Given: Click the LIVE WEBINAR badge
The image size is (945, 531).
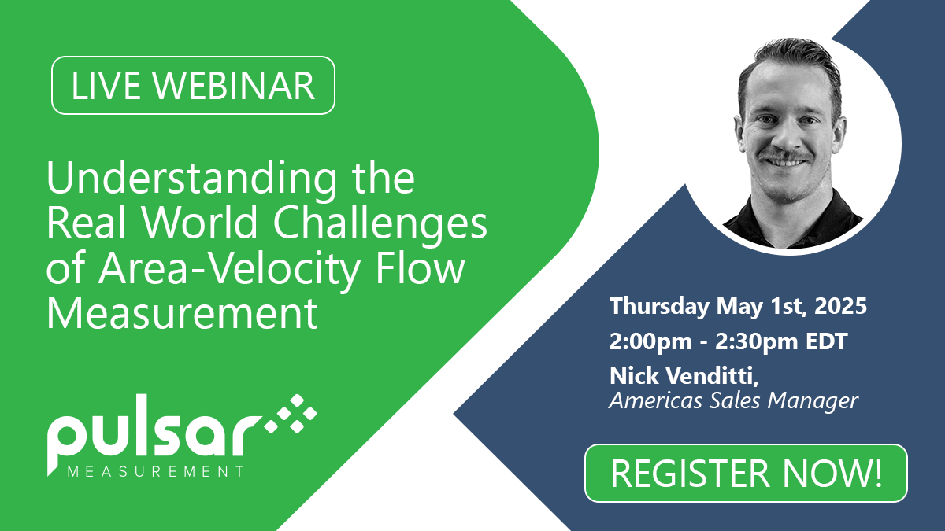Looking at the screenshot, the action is click(x=193, y=85).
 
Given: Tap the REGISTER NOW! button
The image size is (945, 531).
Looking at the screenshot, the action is click(x=746, y=473).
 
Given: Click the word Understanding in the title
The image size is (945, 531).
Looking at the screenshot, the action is click(x=191, y=179).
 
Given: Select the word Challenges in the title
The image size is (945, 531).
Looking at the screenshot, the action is click(x=380, y=223).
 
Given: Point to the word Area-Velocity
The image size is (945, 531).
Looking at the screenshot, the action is click(x=230, y=269).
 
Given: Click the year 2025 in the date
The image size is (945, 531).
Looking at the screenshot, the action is click(x=840, y=305).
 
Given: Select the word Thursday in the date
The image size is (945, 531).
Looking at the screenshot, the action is click(x=659, y=306).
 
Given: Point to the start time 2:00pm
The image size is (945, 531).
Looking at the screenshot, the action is click(x=650, y=341).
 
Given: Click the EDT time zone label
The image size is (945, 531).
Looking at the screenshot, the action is click(x=826, y=341).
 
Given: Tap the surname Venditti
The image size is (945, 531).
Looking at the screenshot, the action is click(x=717, y=375).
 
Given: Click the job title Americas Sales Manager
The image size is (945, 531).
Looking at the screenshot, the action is click(x=734, y=400).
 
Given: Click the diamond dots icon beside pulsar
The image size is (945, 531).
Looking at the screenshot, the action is click(x=291, y=414).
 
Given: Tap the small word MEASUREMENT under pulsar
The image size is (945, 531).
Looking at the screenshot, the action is click(x=156, y=471).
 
